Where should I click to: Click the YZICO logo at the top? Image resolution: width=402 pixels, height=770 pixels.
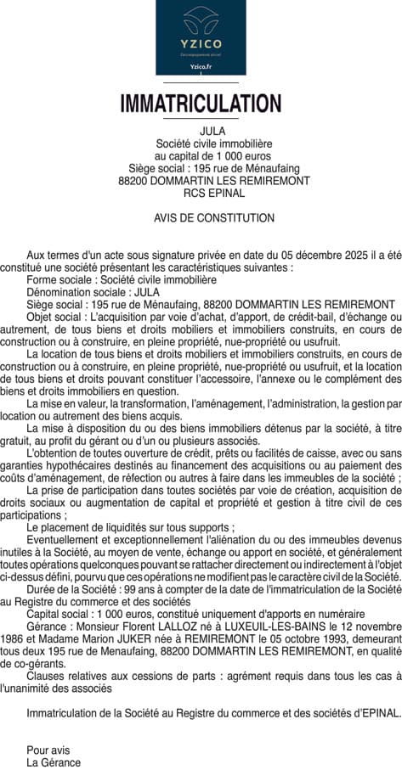point(201,37)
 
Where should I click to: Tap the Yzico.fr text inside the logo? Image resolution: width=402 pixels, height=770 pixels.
point(201,65)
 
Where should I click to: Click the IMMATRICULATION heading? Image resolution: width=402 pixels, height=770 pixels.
point(201,104)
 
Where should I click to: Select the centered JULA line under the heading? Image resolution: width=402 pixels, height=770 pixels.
point(201,132)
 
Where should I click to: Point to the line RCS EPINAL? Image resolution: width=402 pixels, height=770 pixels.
point(201,193)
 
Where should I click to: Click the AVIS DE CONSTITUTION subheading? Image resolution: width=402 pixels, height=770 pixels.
point(201,218)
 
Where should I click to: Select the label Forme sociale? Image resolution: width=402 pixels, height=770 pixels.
point(59,278)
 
